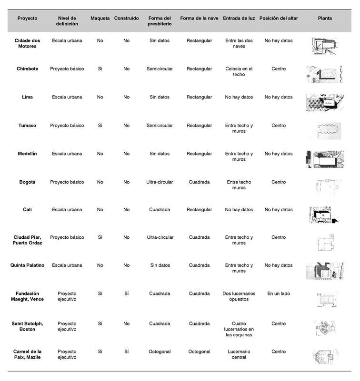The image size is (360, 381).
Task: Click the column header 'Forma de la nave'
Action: pyautogui.click(x=199, y=18)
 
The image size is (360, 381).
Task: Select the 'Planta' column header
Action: pyautogui.click(x=325, y=18)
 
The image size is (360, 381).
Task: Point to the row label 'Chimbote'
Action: pyautogui.click(x=27, y=69)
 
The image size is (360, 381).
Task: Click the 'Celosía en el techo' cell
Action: pyautogui.click(x=239, y=71)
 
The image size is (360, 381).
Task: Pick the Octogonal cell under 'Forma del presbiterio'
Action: pyautogui.click(x=160, y=352)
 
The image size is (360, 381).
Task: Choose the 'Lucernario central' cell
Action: pyautogui.click(x=239, y=354)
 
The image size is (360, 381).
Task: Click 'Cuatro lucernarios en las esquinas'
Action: pyautogui.click(x=239, y=329)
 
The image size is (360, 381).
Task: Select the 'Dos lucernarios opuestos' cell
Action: pyautogui.click(x=239, y=296)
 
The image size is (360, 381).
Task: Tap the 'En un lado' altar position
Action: pyautogui.click(x=279, y=293)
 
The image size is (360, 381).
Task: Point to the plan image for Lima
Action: pyautogui.click(x=325, y=102)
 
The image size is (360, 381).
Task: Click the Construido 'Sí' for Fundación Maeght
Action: pyautogui.click(x=126, y=293)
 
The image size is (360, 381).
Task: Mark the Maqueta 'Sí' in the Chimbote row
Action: pyautogui.click(x=100, y=69)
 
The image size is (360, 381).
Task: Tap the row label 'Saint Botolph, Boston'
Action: pyautogui.click(x=27, y=326)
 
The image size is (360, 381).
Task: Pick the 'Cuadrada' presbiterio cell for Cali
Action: pyautogui.click(x=160, y=210)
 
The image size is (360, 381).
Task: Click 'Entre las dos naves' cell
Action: pyautogui.click(x=239, y=43)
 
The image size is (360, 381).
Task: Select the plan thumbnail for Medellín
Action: pyautogui.click(x=325, y=159)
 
